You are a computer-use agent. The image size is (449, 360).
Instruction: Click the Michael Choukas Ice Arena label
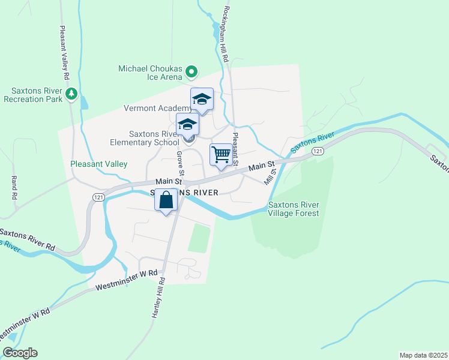coord(150,73)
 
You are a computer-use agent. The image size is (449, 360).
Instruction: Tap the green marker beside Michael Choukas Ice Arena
coord(191,73)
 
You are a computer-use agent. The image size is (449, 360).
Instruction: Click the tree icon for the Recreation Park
coord(72,94)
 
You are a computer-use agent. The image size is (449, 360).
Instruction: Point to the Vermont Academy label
coord(153,109)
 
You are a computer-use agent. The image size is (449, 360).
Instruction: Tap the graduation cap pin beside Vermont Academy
coord(202,100)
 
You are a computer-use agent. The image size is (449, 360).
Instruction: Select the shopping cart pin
coord(221,154)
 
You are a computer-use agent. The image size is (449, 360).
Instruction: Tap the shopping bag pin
coord(167,200)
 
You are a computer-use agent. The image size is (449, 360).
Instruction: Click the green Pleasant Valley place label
coord(99,163)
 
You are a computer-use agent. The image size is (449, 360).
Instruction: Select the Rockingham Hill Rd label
coord(226,35)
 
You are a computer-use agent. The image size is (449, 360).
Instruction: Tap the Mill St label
coord(269,176)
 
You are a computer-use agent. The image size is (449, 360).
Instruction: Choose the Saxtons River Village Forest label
coord(294,209)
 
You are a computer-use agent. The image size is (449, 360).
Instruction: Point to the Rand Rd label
coord(13,188)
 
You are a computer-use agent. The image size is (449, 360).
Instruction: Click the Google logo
coord(20,353)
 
